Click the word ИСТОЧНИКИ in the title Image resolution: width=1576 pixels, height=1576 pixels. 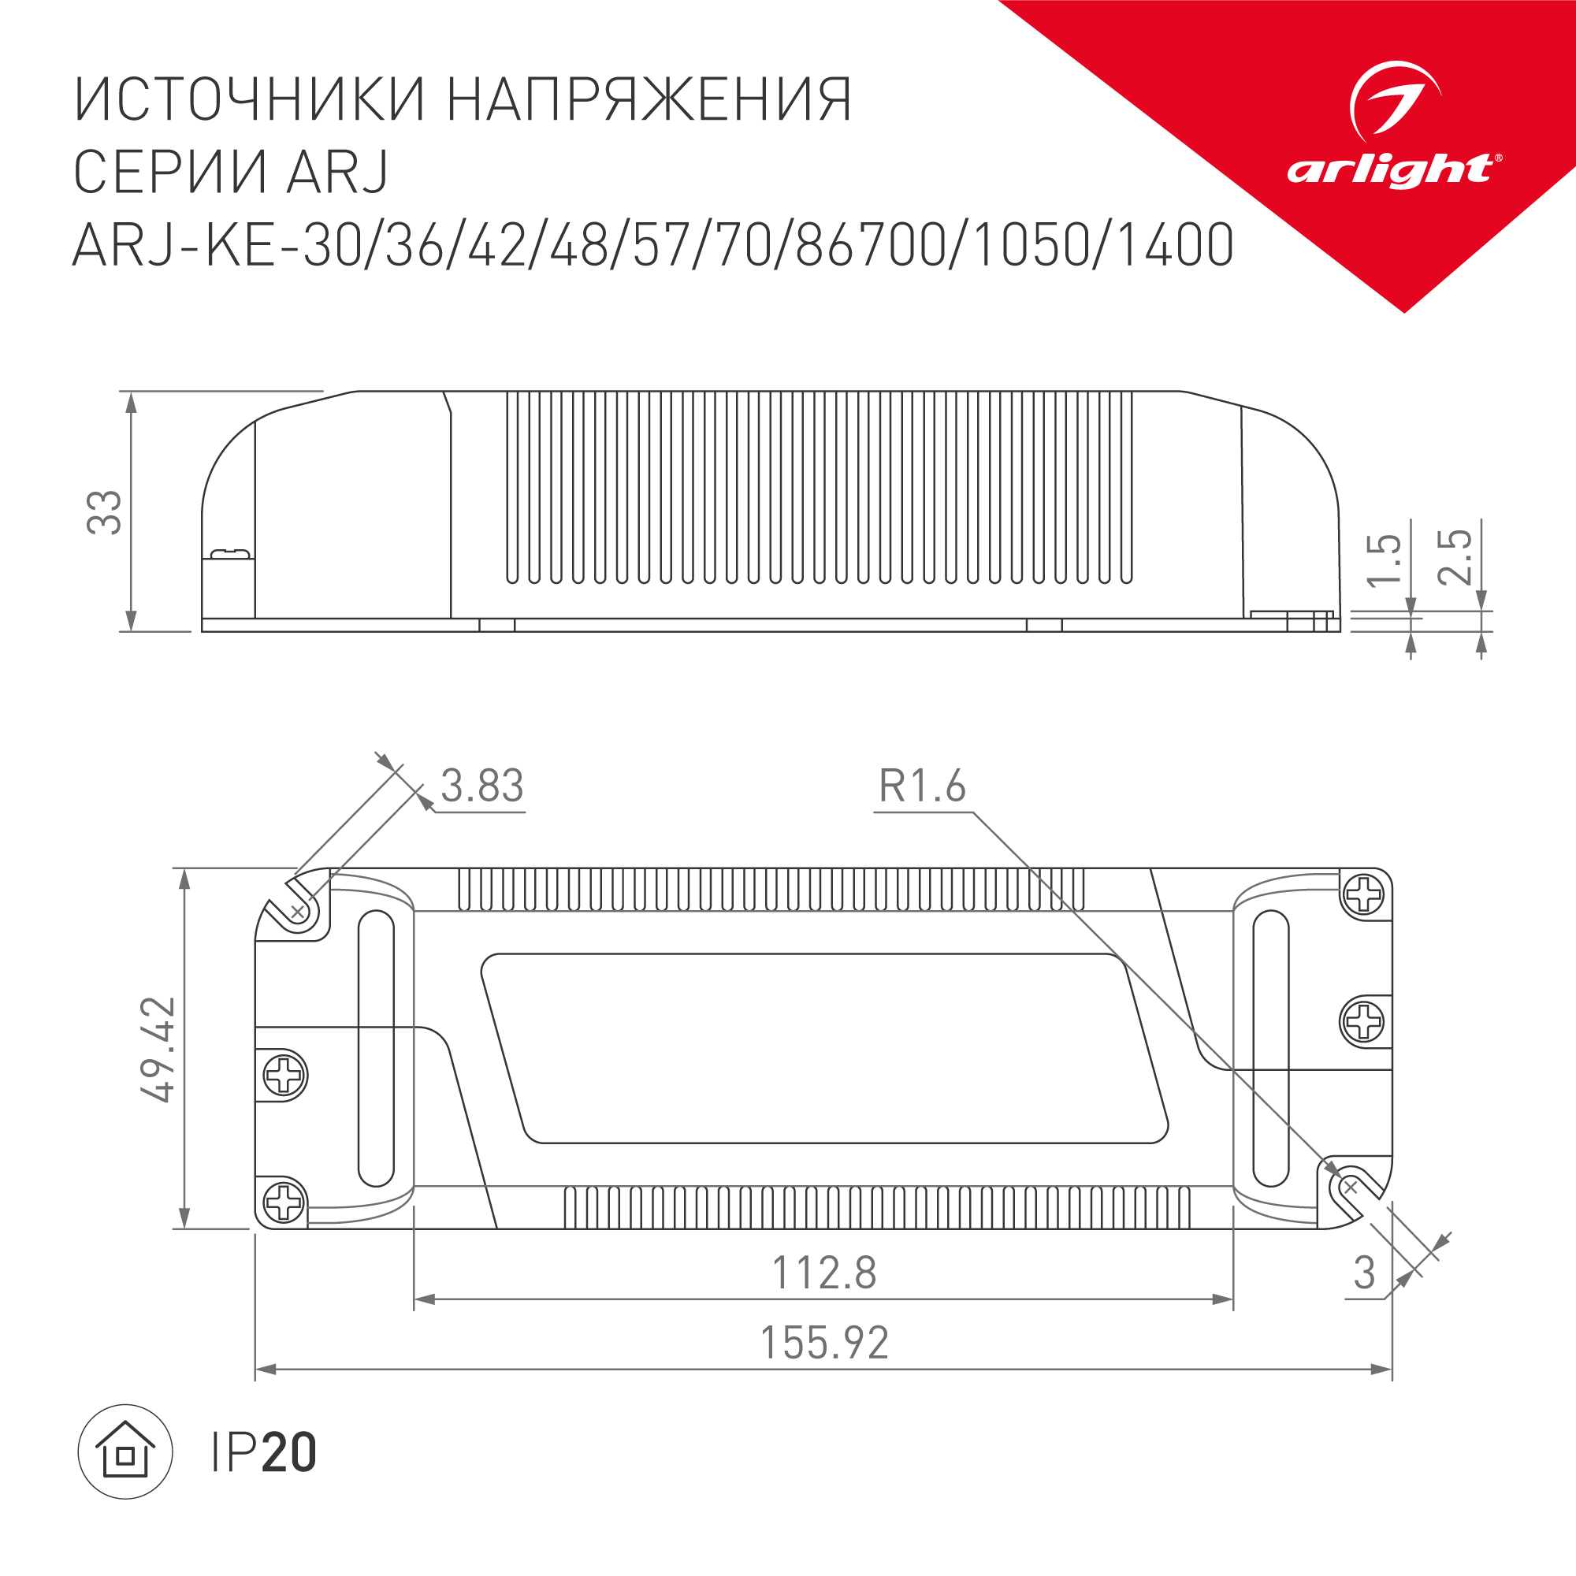(250, 100)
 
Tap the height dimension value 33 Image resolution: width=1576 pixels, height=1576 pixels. (105, 512)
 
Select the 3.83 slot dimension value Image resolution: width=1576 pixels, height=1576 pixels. (482, 786)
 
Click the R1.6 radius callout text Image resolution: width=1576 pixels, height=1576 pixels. (922, 786)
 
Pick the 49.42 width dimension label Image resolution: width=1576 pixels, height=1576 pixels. (158, 1049)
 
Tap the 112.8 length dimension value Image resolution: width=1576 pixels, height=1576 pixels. (824, 1273)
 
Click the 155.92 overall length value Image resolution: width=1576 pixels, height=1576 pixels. (824, 1343)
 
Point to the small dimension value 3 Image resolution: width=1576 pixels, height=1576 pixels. (1364, 1273)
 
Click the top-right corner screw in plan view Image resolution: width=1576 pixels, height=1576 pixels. (1364, 896)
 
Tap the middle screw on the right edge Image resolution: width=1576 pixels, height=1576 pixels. (1364, 1021)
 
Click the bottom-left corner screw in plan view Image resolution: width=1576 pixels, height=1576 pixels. (284, 1202)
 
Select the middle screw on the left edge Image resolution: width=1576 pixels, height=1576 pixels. (284, 1075)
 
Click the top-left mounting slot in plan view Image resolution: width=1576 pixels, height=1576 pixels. (298, 909)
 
